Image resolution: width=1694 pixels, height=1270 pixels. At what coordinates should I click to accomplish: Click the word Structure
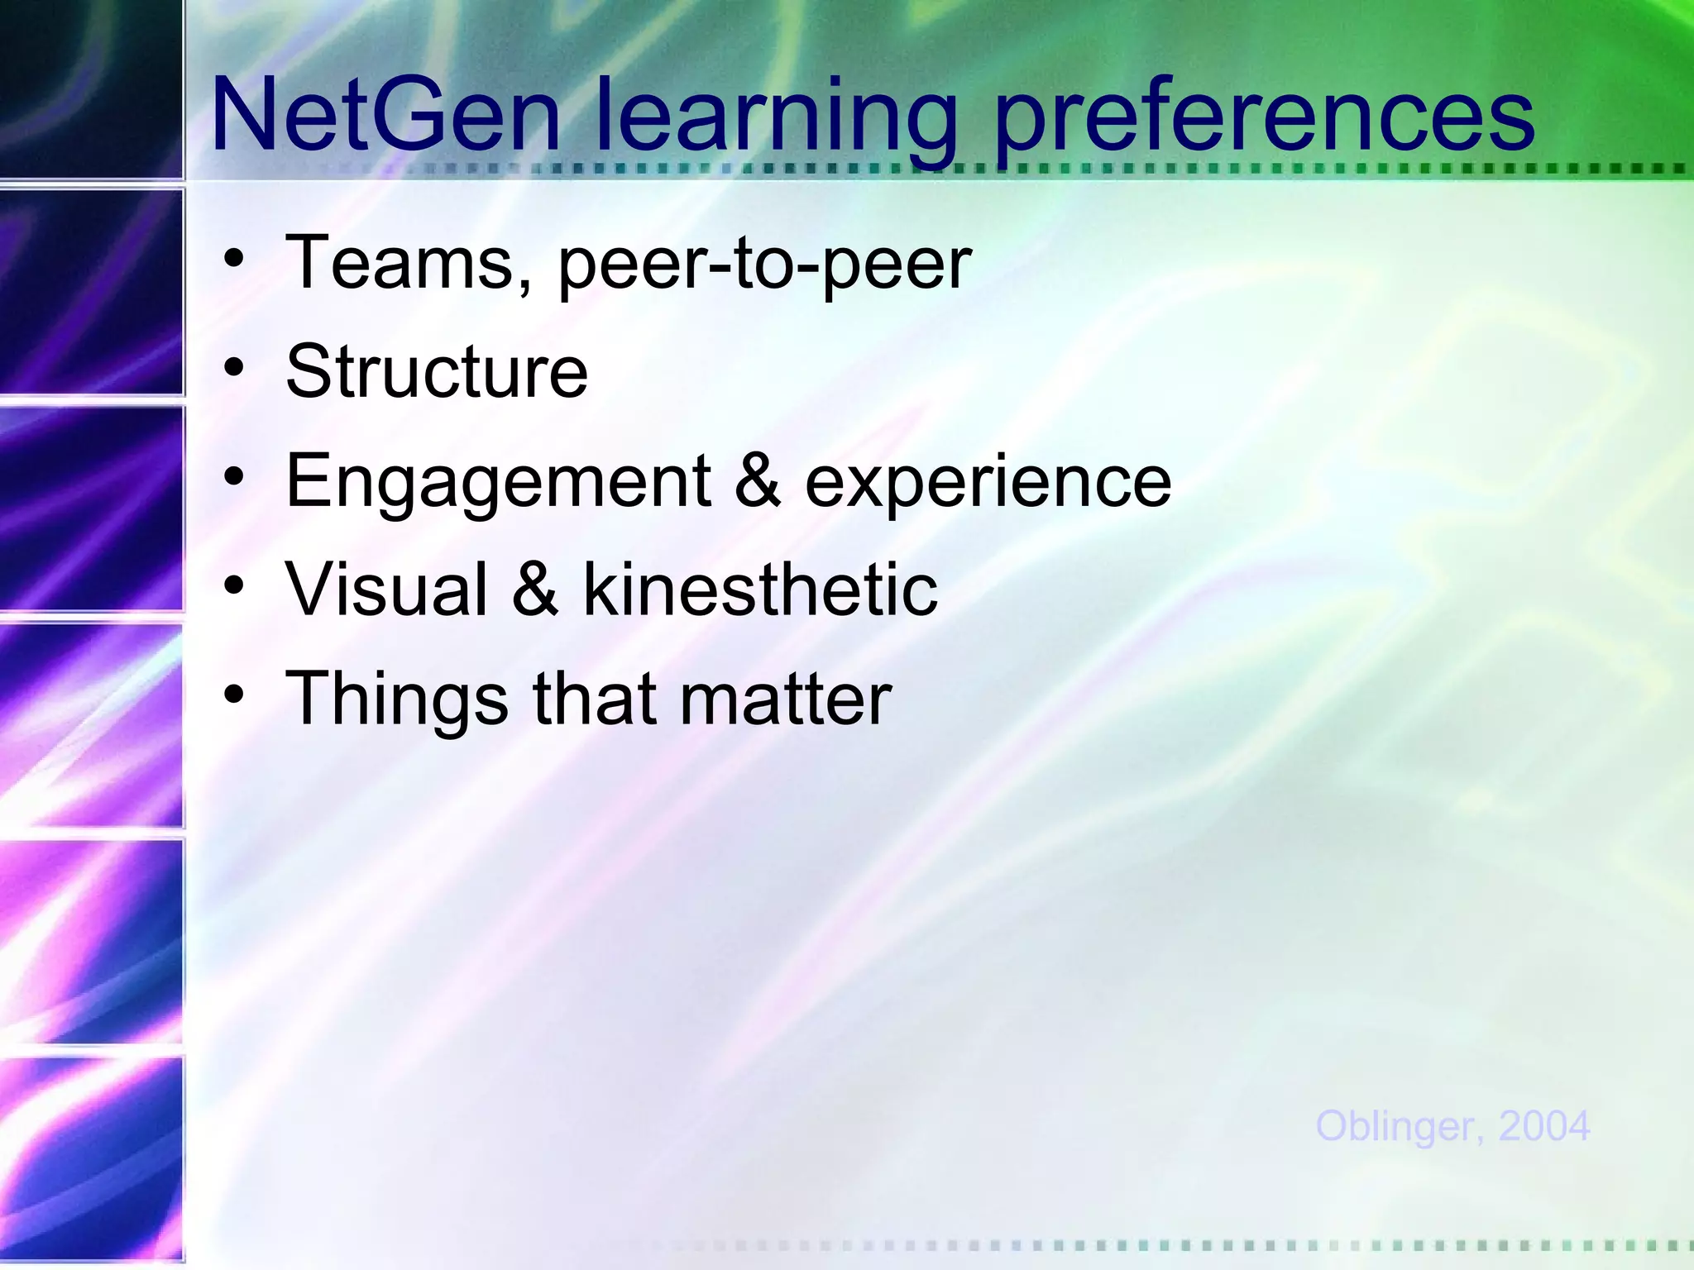[437, 371]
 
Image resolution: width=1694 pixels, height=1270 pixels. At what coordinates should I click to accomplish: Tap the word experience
[988, 483]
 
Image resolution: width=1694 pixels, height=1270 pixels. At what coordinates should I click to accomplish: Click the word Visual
[387, 589]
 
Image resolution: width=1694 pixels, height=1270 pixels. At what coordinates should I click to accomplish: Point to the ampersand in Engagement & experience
[757, 481]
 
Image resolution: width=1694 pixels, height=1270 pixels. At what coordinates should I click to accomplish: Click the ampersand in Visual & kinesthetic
[535, 589]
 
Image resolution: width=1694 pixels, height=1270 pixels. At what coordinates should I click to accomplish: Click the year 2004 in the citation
[1543, 1126]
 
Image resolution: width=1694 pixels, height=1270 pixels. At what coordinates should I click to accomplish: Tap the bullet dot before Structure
[235, 366]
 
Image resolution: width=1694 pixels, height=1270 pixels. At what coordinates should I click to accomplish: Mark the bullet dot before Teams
[235, 257]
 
